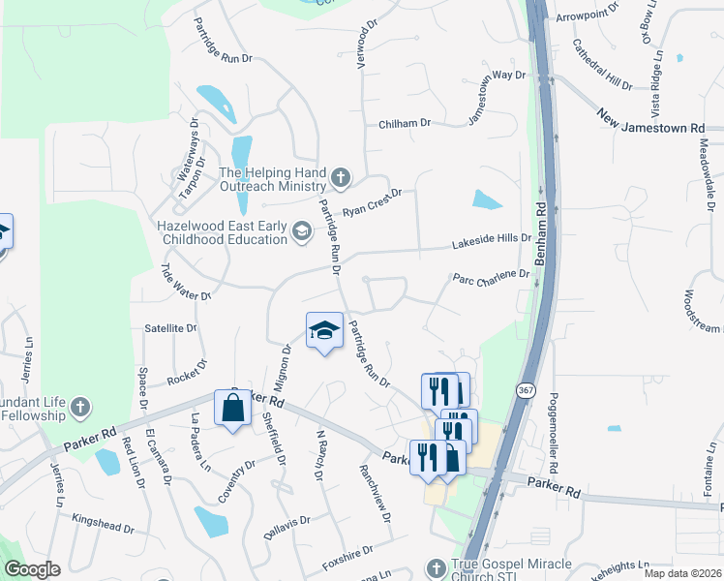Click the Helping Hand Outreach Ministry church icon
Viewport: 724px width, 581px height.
[x=340, y=178]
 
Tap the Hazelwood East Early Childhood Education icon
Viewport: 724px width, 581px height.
[x=303, y=230]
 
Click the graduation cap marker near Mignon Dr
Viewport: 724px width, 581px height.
[x=325, y=331]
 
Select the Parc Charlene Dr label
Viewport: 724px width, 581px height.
[x=492, y=276]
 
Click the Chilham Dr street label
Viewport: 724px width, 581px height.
[x=405, y=124]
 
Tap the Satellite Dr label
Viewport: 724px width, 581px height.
[x=169, y=328]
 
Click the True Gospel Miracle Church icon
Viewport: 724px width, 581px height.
[x=437, y=567]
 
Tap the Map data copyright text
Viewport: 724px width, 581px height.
[x=681, y=573]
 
